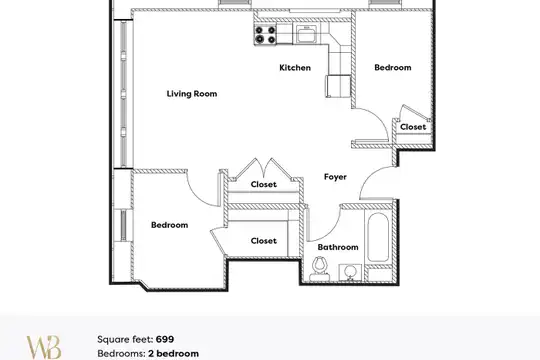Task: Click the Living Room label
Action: tap(192, 94)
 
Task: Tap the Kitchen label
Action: tap(295, 68)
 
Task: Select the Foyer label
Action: tap(335, 177)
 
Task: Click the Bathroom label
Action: tap(338, 247)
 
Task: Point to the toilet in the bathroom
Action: tap(320, 270)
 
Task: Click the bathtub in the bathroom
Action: tap(378, 237)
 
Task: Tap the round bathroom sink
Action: tap(350, 272)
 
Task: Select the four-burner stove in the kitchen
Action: tap(265, 35)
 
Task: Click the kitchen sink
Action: tap(307, 34)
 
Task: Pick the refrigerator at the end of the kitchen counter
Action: tap(338, 86)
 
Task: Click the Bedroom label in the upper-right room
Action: tap(393, 68)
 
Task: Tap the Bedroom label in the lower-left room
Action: tap(169, 225)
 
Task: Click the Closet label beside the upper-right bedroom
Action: tap(413, 127)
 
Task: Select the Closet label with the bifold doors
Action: tap(263, 184)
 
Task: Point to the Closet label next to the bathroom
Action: tap(263, 241)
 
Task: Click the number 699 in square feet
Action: tap(165, 339)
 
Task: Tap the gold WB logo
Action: tap(44, 347)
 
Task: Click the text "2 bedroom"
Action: tap(173, 354)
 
